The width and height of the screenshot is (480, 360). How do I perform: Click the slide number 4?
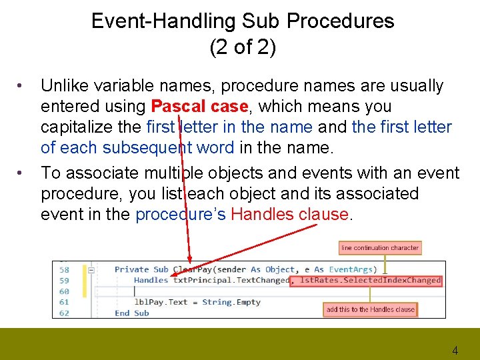[x=455, y=350]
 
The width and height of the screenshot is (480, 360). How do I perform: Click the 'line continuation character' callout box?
[x=380, y=248]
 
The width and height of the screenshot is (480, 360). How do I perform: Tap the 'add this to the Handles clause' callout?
[x=370, y=309]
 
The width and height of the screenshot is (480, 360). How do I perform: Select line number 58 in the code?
[x=64, y=269]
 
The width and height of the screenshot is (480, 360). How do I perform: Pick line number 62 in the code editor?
[x=64, y=313]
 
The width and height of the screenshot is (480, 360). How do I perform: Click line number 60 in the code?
[x=64, y=291]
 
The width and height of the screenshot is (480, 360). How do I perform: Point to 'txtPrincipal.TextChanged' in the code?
[x=231, y=281]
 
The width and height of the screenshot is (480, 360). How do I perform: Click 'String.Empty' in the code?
[x=231, y=302]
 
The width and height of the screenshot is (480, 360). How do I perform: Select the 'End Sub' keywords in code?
[x=132, y=313]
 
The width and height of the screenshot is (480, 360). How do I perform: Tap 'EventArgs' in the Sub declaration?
[x=351, y=269]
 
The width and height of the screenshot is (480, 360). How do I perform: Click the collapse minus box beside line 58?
[x=91, y=270]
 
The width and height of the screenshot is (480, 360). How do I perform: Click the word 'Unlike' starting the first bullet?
[x=65, y=86]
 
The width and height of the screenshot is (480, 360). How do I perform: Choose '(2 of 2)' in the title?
[x=243, y=48]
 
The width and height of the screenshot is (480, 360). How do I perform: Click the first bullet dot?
[x=21, y=86]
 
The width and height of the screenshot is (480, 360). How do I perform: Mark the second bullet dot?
[x=21, y=173]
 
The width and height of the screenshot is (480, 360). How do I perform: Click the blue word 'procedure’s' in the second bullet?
[x=180, y=214]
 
